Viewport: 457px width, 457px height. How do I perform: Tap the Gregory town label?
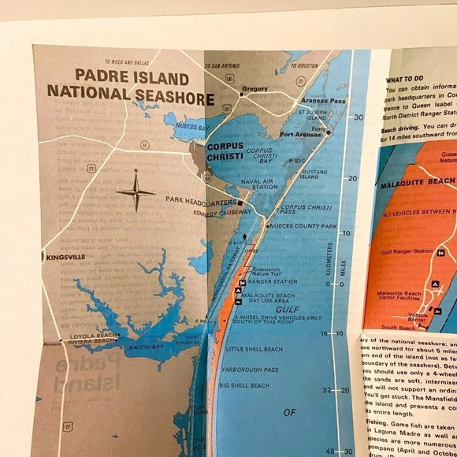click(256, 89)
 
